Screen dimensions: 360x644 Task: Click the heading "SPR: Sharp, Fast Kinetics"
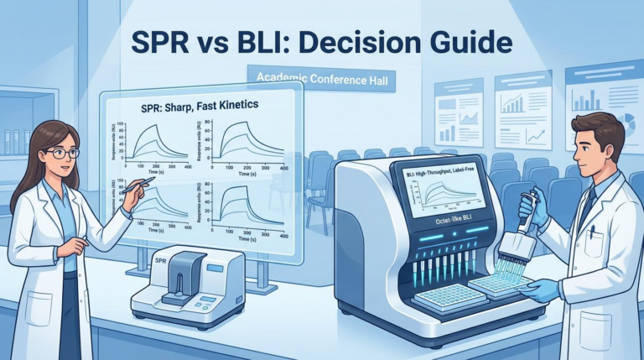click(199, 107)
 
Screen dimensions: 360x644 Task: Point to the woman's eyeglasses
click(61, 153)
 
